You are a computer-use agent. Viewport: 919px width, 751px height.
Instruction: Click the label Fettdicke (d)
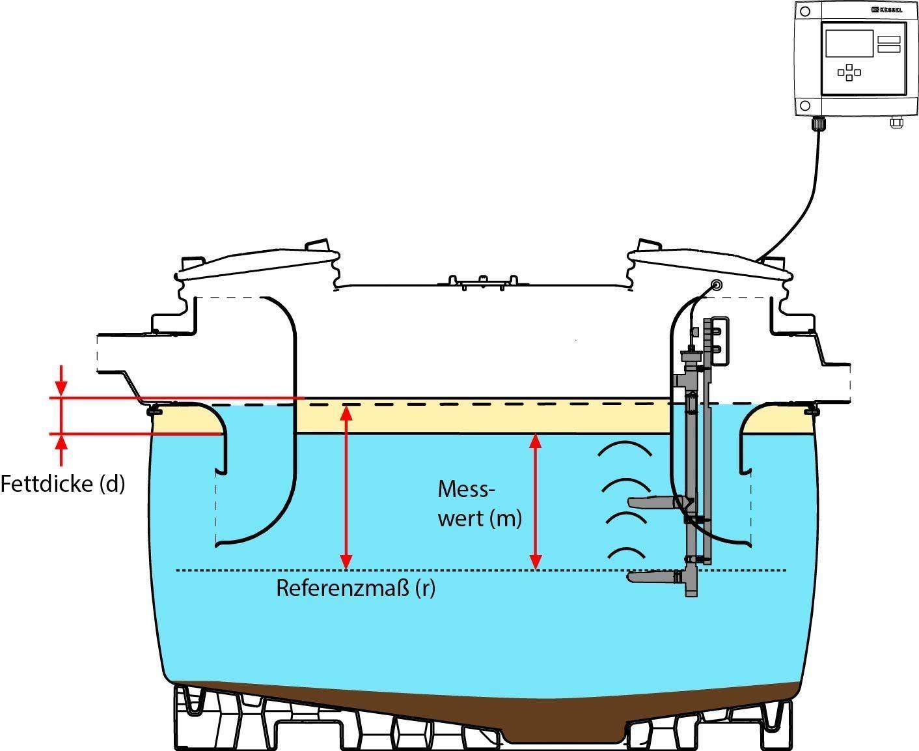pyautogui.click(x=62, y=484)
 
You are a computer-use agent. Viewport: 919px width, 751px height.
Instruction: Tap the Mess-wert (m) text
pyautogui.click(x=480, y=503)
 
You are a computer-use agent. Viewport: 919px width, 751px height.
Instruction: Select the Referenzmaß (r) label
pyautogui.click(x=355, y=588)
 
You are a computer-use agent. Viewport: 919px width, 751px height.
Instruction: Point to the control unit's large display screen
pyautogui.click(x=849, y=42)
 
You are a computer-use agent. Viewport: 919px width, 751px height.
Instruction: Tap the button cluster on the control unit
pyautogui.click(x=849, y=72)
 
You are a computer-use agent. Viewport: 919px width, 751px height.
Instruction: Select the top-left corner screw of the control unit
pyautogui.click(x=806, y=12)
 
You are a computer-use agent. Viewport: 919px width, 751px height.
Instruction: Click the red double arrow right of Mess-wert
pyautogui.click(x=535, y=500)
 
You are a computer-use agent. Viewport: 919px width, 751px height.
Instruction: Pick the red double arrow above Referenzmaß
pyautogui.click(x=346, y=486)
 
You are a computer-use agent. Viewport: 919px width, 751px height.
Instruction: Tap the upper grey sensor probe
pyautogui.click(x=654, y=502)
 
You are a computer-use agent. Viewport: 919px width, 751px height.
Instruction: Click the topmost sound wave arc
pyautogui.click(x=627, y=449)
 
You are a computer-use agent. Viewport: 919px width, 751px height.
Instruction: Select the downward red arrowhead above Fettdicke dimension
pyautogui.click(x=61, y=388)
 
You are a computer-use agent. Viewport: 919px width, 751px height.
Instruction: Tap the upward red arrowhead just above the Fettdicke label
pyautogui.click(x=61, y=443)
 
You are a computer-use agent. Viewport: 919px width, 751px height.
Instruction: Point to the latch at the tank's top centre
pyautogui.click(x=482, y=281)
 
